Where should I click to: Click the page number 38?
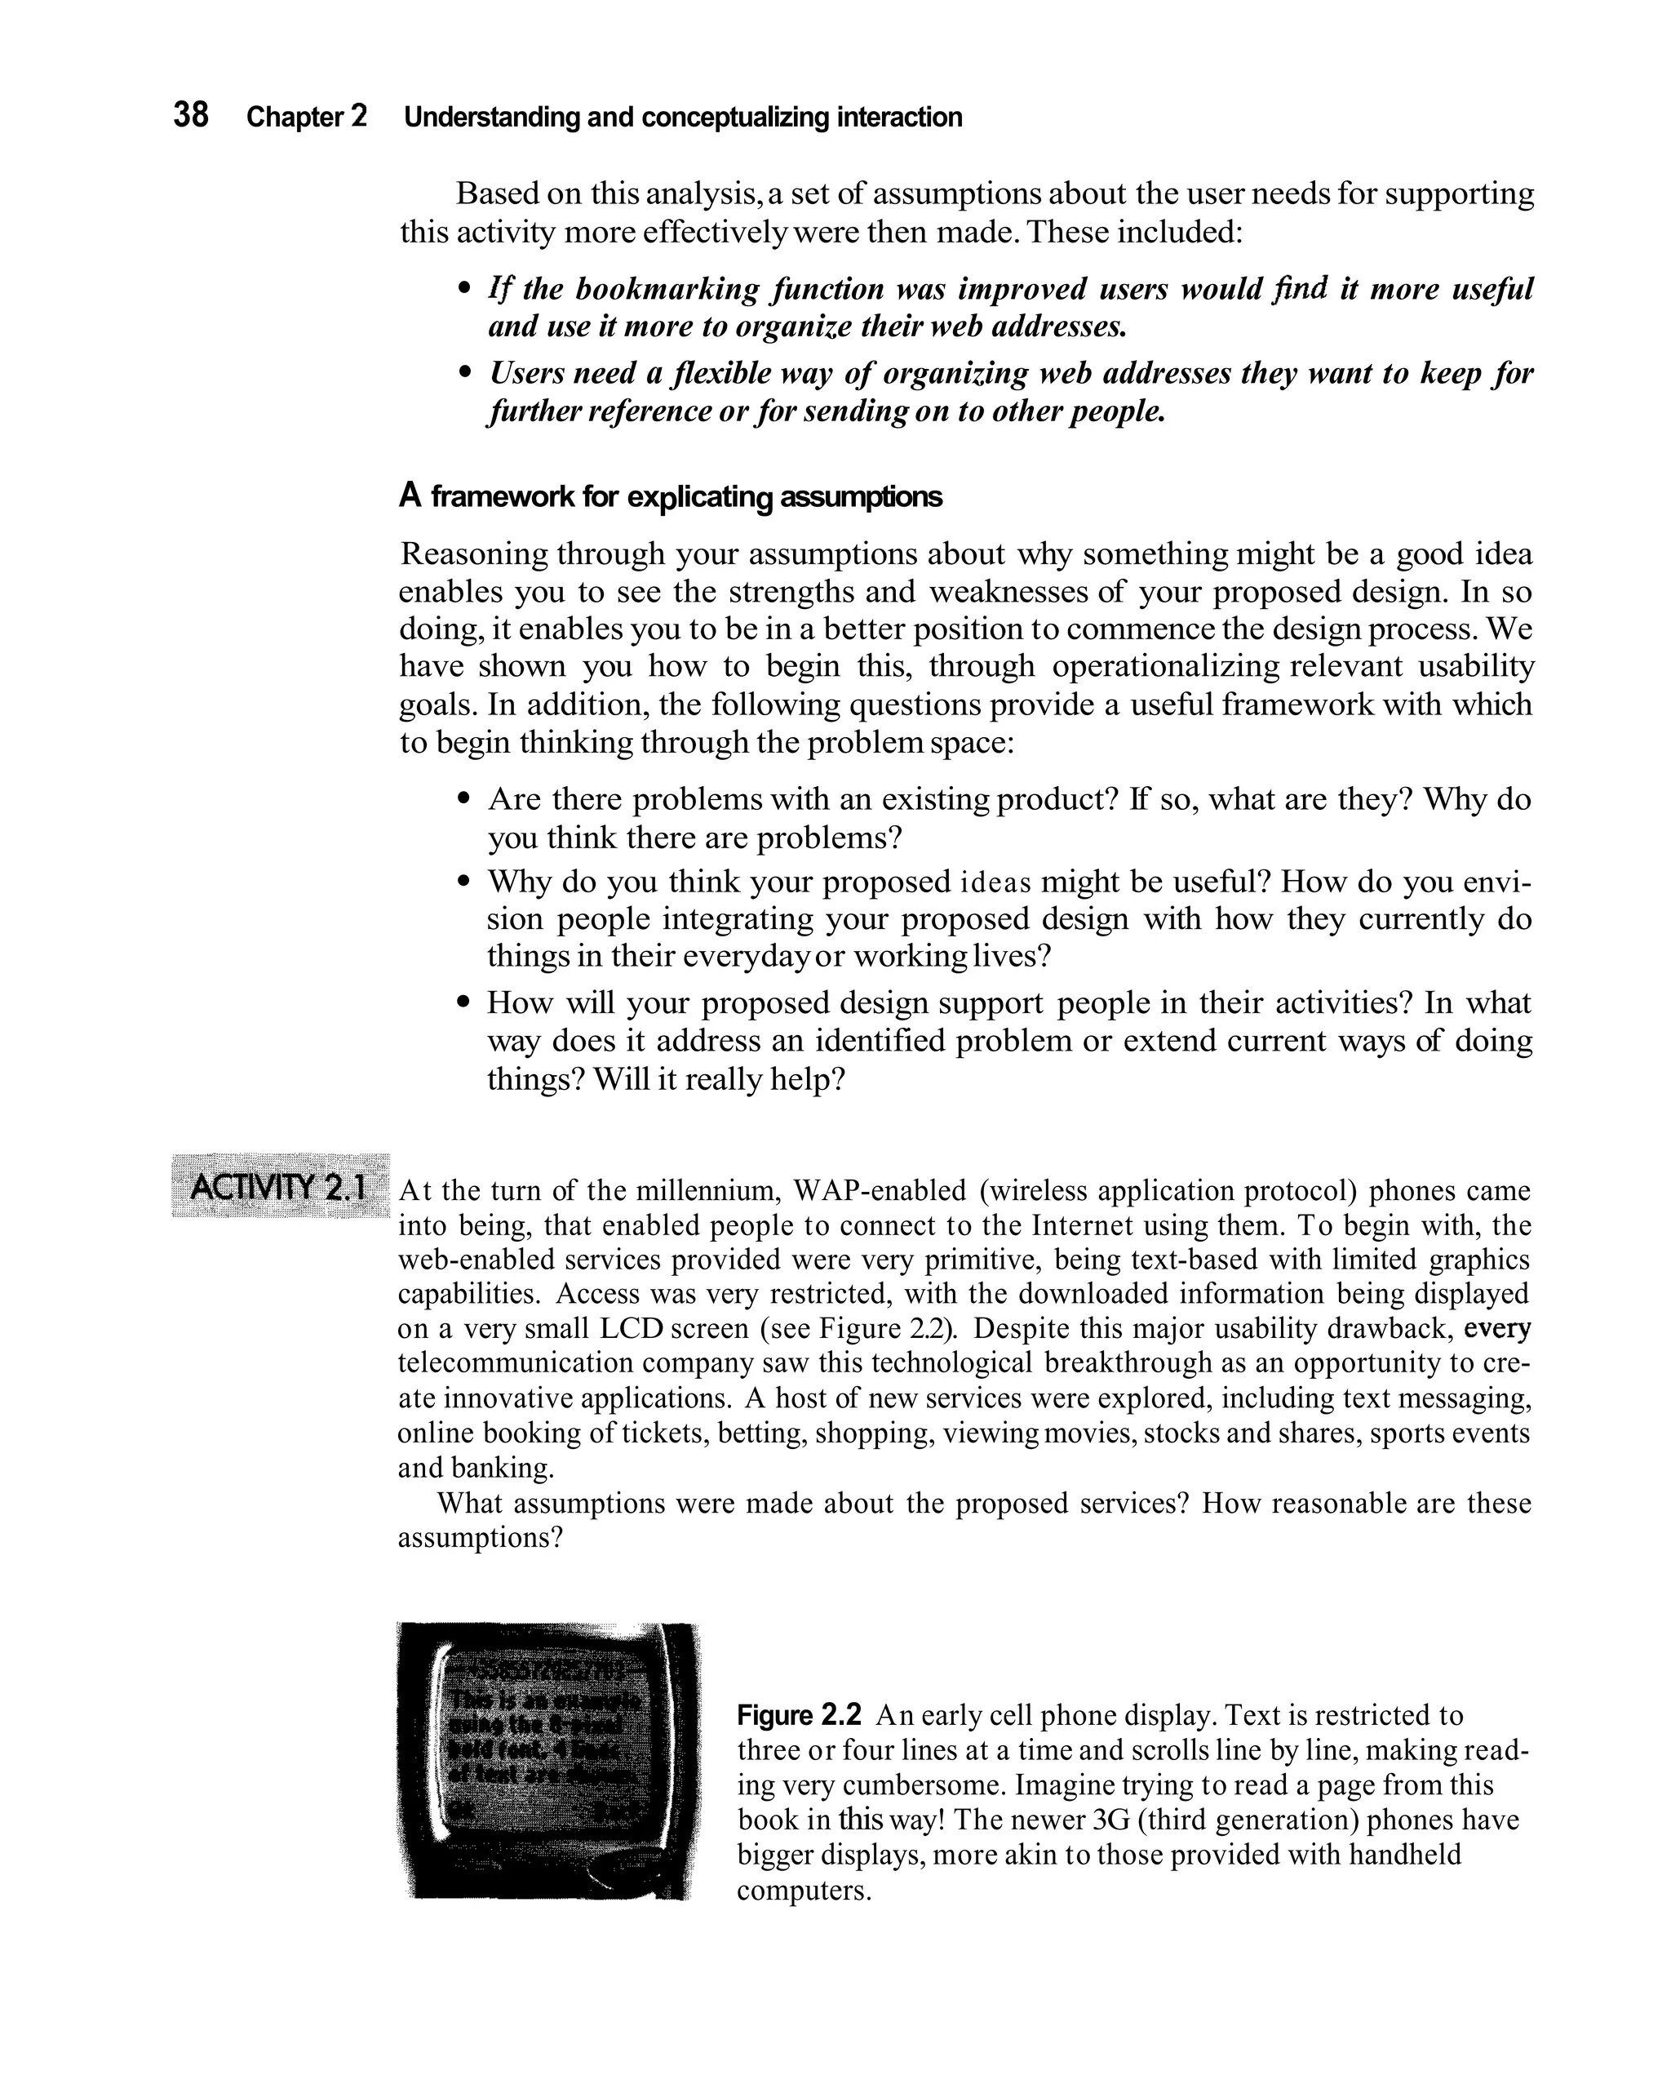tap(191, 115)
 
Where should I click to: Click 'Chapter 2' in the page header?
tap(306, 118)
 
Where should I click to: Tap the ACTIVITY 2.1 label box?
tap(279, 1186)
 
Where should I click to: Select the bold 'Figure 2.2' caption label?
tap(798, 1716)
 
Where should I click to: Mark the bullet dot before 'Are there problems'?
tap(466, 800)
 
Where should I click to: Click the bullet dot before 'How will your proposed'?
tap(466, 1002)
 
